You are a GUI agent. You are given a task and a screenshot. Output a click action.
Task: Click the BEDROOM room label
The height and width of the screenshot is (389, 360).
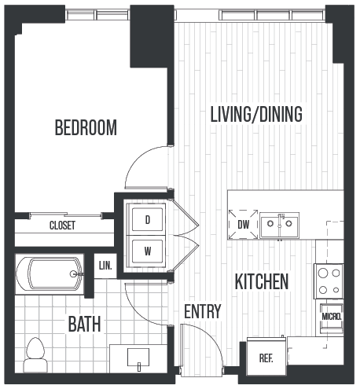coord(86,127)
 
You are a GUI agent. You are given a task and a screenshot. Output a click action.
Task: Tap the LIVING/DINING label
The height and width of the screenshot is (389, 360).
coord(256,114)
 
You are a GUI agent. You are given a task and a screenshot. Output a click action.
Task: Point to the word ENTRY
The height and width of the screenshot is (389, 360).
coord(202,311)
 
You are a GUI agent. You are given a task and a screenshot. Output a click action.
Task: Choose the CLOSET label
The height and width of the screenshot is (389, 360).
coord(62,226)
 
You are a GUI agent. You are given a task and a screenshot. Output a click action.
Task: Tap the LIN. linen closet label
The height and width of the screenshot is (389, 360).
coord(105,266)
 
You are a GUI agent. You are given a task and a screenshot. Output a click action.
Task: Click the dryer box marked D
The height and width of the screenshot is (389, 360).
coord(147,221)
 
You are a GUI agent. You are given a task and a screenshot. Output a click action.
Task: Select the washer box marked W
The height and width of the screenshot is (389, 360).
coord(147,252)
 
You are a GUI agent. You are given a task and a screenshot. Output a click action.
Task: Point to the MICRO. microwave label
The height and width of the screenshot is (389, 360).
coord(331,317)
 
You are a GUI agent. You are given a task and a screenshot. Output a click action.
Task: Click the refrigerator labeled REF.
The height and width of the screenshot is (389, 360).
coord(266,358)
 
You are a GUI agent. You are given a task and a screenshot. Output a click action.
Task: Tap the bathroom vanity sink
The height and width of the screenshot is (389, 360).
coord(138,359)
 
